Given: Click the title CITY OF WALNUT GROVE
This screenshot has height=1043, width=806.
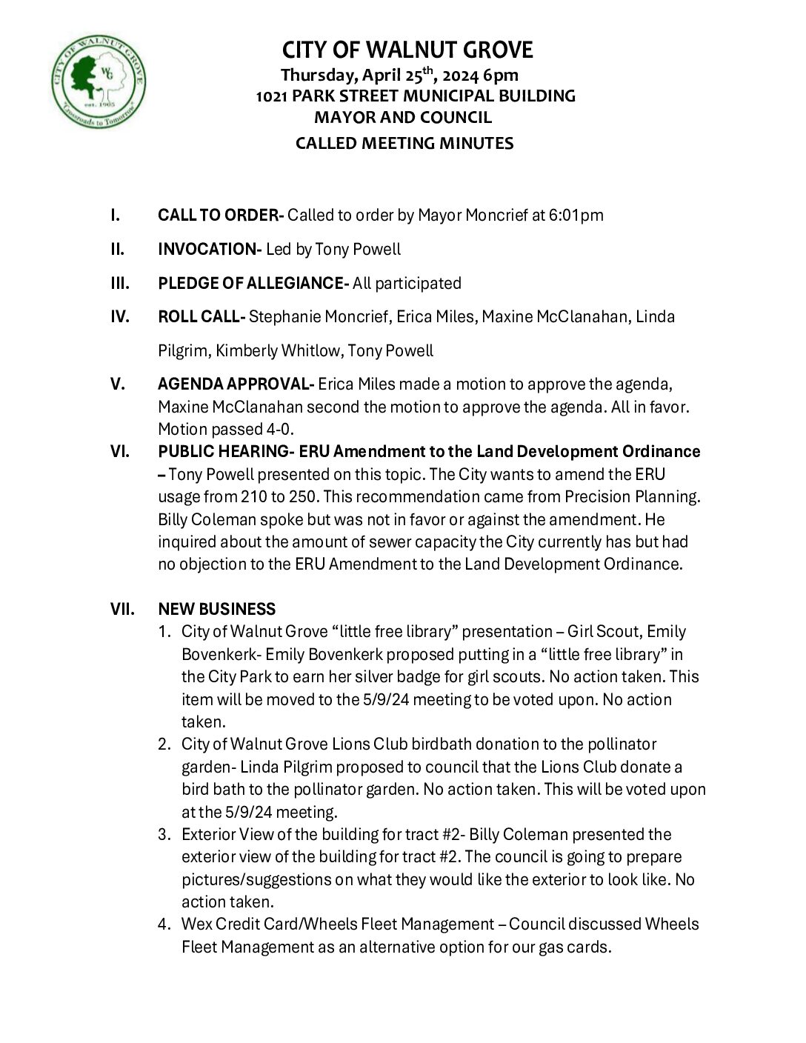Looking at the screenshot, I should tap(407, 50).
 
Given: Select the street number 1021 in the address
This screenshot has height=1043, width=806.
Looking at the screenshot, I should tap(272, 96).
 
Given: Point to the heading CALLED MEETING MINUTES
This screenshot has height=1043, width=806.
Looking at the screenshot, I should tap(404, 144).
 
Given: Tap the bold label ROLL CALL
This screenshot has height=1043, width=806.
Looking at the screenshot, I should tap(200, 317).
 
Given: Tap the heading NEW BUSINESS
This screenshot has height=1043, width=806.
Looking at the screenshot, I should tap(216, 610).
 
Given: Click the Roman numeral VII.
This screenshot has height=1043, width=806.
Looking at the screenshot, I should tap(122, 610).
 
